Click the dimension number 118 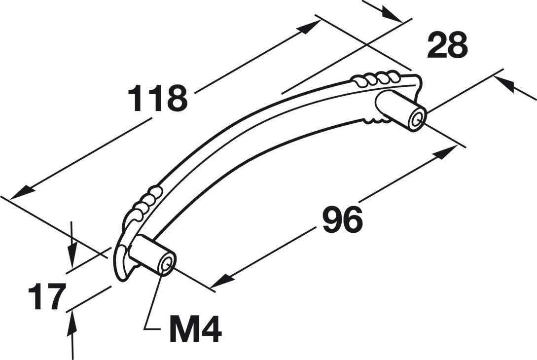click(157, 99)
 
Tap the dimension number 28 click(447, 45)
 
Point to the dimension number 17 click(47, 297)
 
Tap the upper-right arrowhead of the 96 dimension click(447, 152)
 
